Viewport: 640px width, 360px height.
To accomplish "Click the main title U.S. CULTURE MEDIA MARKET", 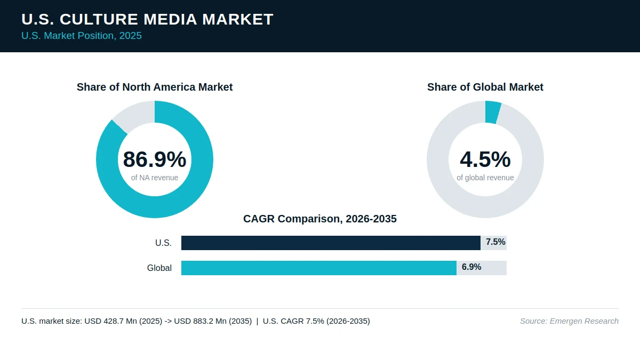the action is point(147,19).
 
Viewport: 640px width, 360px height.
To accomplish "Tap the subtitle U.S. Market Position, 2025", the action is point(82,36).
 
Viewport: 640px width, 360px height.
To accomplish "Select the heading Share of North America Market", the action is point(155,87).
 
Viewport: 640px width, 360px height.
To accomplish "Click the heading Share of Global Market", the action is point(485,87).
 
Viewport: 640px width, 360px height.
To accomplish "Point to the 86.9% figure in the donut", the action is point(155,159).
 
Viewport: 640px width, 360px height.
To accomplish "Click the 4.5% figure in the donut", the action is point(485,159).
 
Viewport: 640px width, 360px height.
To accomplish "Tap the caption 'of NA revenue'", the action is point(155,178).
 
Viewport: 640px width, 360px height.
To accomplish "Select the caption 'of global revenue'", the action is point(485,178).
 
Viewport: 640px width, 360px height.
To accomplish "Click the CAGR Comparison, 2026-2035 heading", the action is point(319,219).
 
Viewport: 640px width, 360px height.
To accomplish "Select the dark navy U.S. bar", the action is point(331,243).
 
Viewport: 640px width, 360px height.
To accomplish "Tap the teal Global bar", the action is point(319,268).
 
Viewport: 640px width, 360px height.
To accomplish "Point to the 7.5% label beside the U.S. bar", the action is point(495,242).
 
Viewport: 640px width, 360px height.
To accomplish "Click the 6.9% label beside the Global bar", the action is point(471,267).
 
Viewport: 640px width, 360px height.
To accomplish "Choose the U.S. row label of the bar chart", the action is point(163,243).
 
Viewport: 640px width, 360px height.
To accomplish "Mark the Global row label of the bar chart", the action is point(159,268).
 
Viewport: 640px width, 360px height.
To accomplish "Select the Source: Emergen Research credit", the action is point(569,321).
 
